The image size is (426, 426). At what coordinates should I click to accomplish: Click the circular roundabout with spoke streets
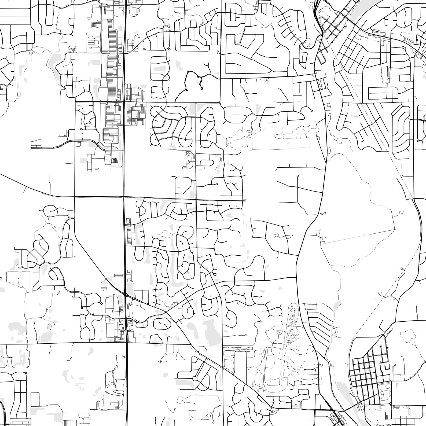[195, 378]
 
